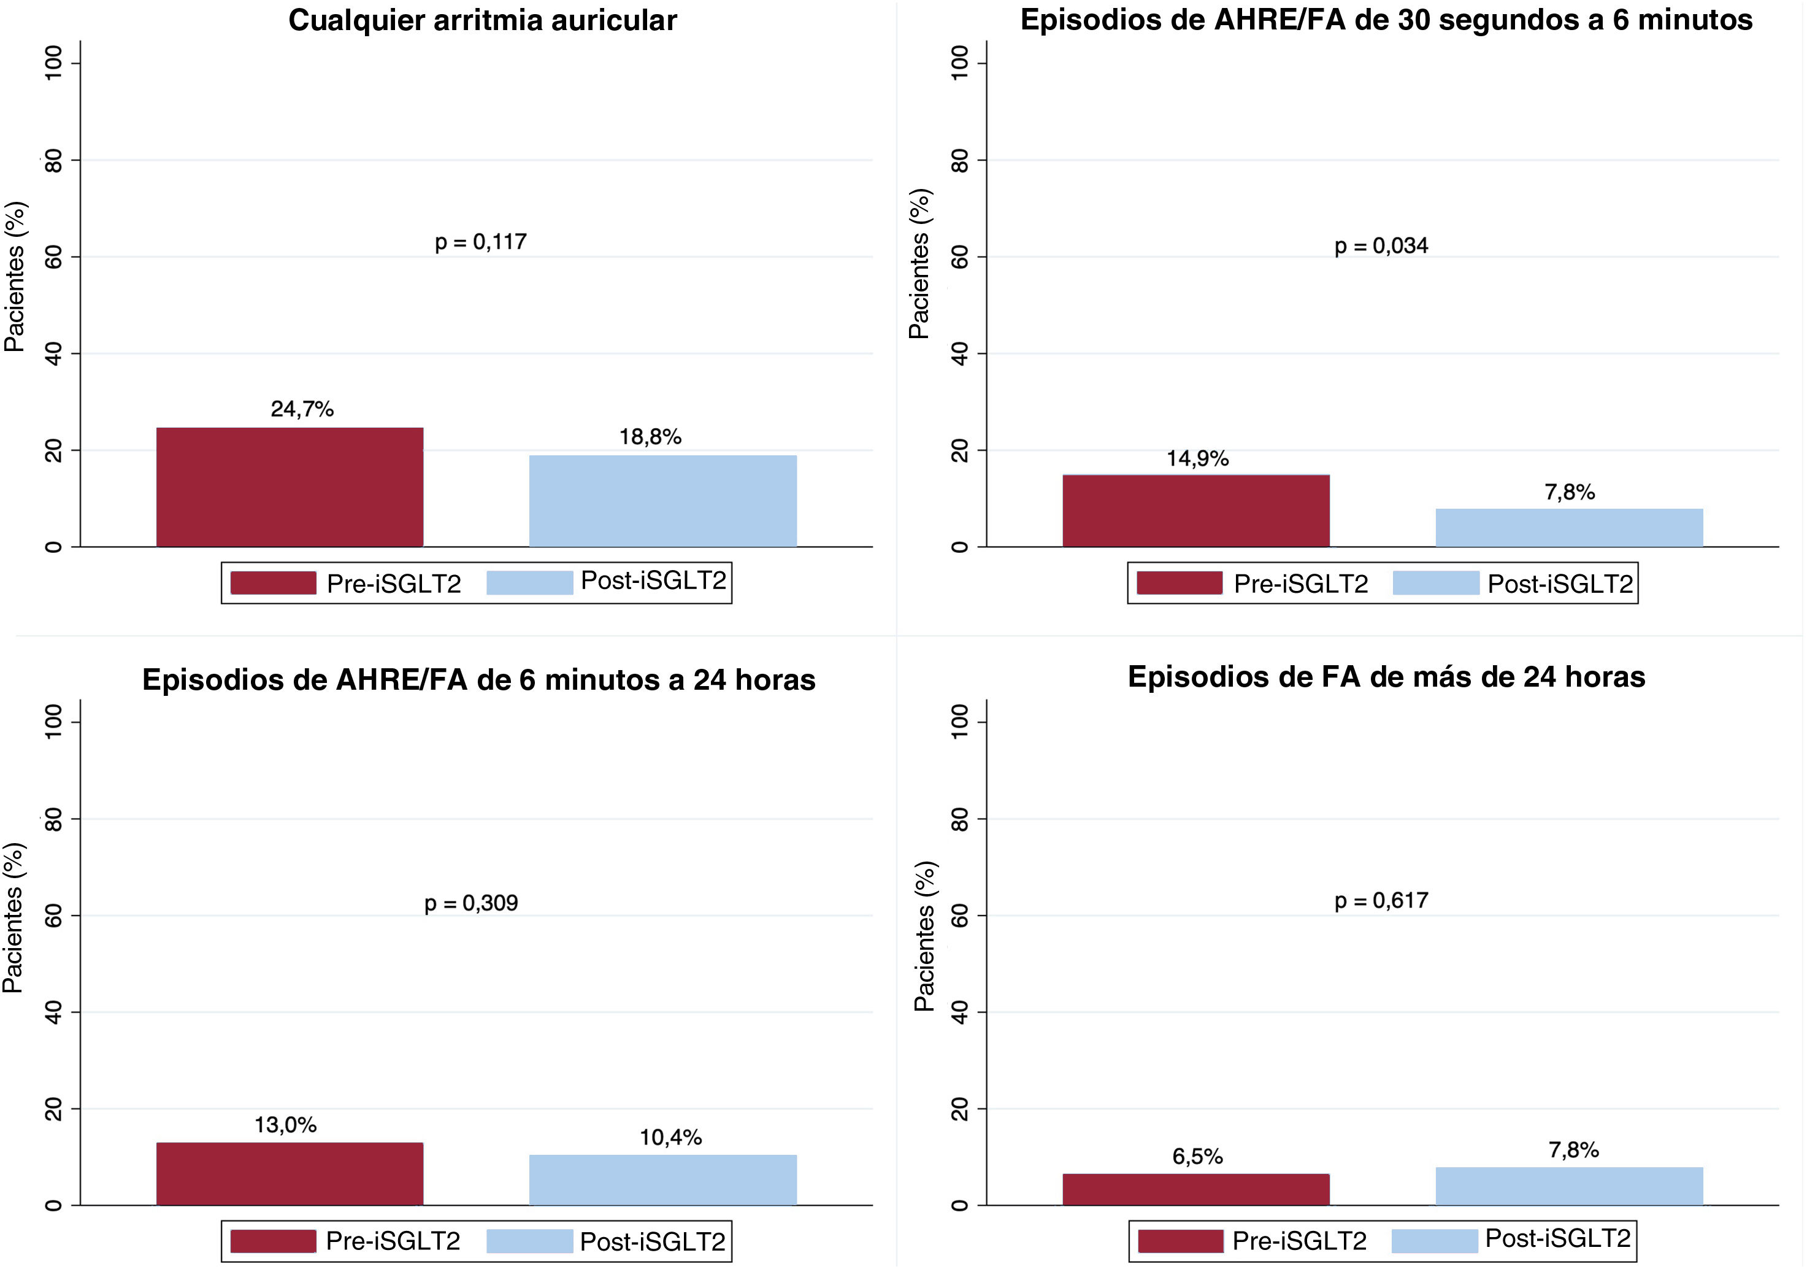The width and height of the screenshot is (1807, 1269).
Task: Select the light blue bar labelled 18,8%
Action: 662,501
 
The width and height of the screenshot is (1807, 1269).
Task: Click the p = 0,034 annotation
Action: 1381,247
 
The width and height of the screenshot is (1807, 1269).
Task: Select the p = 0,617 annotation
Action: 1381,901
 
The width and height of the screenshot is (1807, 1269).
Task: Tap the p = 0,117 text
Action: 480,242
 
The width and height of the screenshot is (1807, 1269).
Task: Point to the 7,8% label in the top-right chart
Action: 1570,492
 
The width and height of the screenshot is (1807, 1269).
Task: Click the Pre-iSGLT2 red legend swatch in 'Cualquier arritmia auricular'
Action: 273,582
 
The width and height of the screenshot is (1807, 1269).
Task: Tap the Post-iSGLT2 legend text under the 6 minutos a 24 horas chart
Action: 653,1241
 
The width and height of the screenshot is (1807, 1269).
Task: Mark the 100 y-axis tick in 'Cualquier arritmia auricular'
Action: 53,63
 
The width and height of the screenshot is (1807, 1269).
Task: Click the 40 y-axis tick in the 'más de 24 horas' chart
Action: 959,1012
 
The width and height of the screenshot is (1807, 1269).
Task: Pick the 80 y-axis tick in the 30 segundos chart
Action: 959,161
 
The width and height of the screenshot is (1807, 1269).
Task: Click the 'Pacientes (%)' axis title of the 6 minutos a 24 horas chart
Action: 13,918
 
